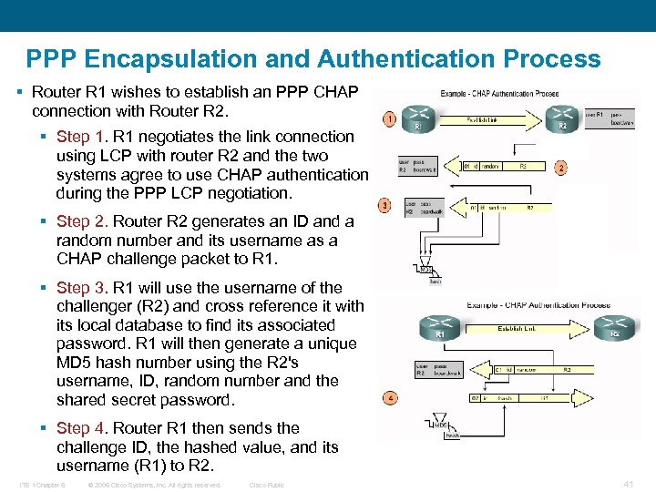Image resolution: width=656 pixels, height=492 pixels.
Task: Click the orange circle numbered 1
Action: point(388,118)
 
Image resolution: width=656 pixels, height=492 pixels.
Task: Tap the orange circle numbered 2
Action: point(561,169)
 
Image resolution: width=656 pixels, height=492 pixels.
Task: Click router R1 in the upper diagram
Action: point(420,117)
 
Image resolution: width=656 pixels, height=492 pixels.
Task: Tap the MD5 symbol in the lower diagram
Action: point(441,425)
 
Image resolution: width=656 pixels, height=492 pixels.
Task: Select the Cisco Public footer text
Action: point(267,485)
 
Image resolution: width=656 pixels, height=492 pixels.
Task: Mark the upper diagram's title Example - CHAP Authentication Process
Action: point(499,94)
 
